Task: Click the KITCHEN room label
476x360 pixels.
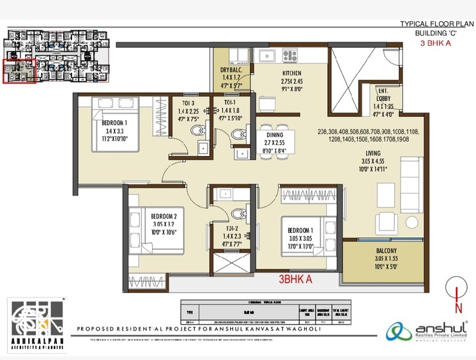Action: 291,73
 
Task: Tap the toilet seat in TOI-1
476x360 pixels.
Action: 238,134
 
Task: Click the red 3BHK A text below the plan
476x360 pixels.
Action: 295,279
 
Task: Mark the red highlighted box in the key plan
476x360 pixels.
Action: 19,71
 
